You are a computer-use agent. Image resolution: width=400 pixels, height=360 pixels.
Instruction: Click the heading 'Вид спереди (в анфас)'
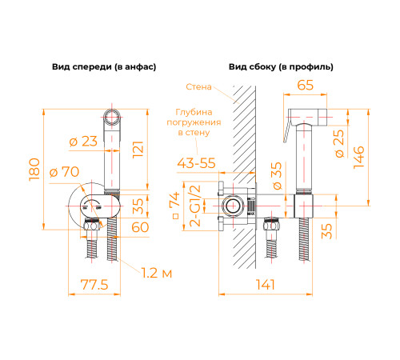(x=103, y=66)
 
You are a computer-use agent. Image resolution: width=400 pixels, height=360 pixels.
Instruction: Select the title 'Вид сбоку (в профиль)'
(x=281, y=66)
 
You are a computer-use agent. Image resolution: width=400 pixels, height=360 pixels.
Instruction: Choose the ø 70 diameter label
(x=66, y=171)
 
